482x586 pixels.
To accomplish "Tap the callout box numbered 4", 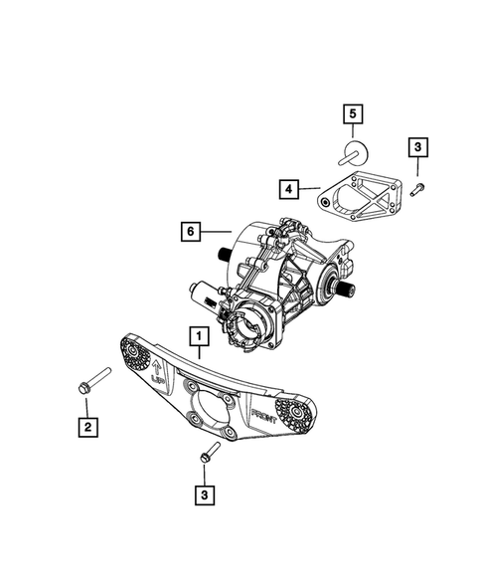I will [x=286, y=186].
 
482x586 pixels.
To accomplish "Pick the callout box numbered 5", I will [x=351, y=114].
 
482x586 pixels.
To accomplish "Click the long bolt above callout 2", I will [x=83, y=387].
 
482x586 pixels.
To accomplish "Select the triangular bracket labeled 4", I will [x=357, y=210].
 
